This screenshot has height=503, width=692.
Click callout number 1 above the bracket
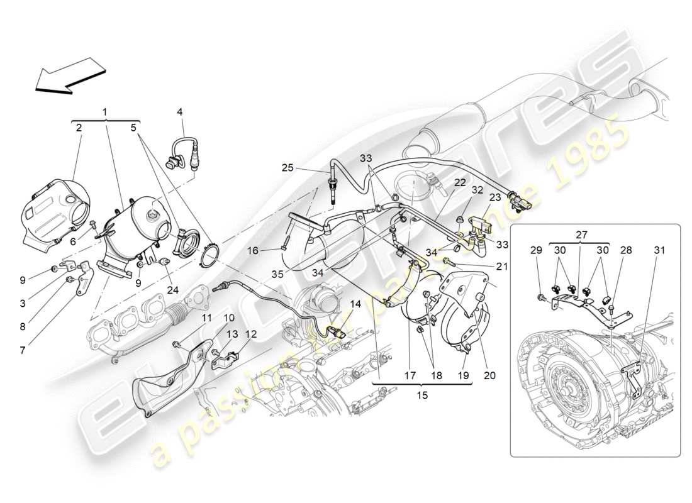pos(104,111)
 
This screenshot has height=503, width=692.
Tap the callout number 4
pos(179,112)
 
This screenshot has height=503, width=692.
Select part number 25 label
pos(287,168)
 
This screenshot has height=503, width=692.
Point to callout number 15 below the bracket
pos(422,396)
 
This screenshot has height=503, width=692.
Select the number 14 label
pos(355,304)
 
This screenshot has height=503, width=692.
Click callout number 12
pos(251,334)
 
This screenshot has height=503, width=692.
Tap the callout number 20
pos(489,376)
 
